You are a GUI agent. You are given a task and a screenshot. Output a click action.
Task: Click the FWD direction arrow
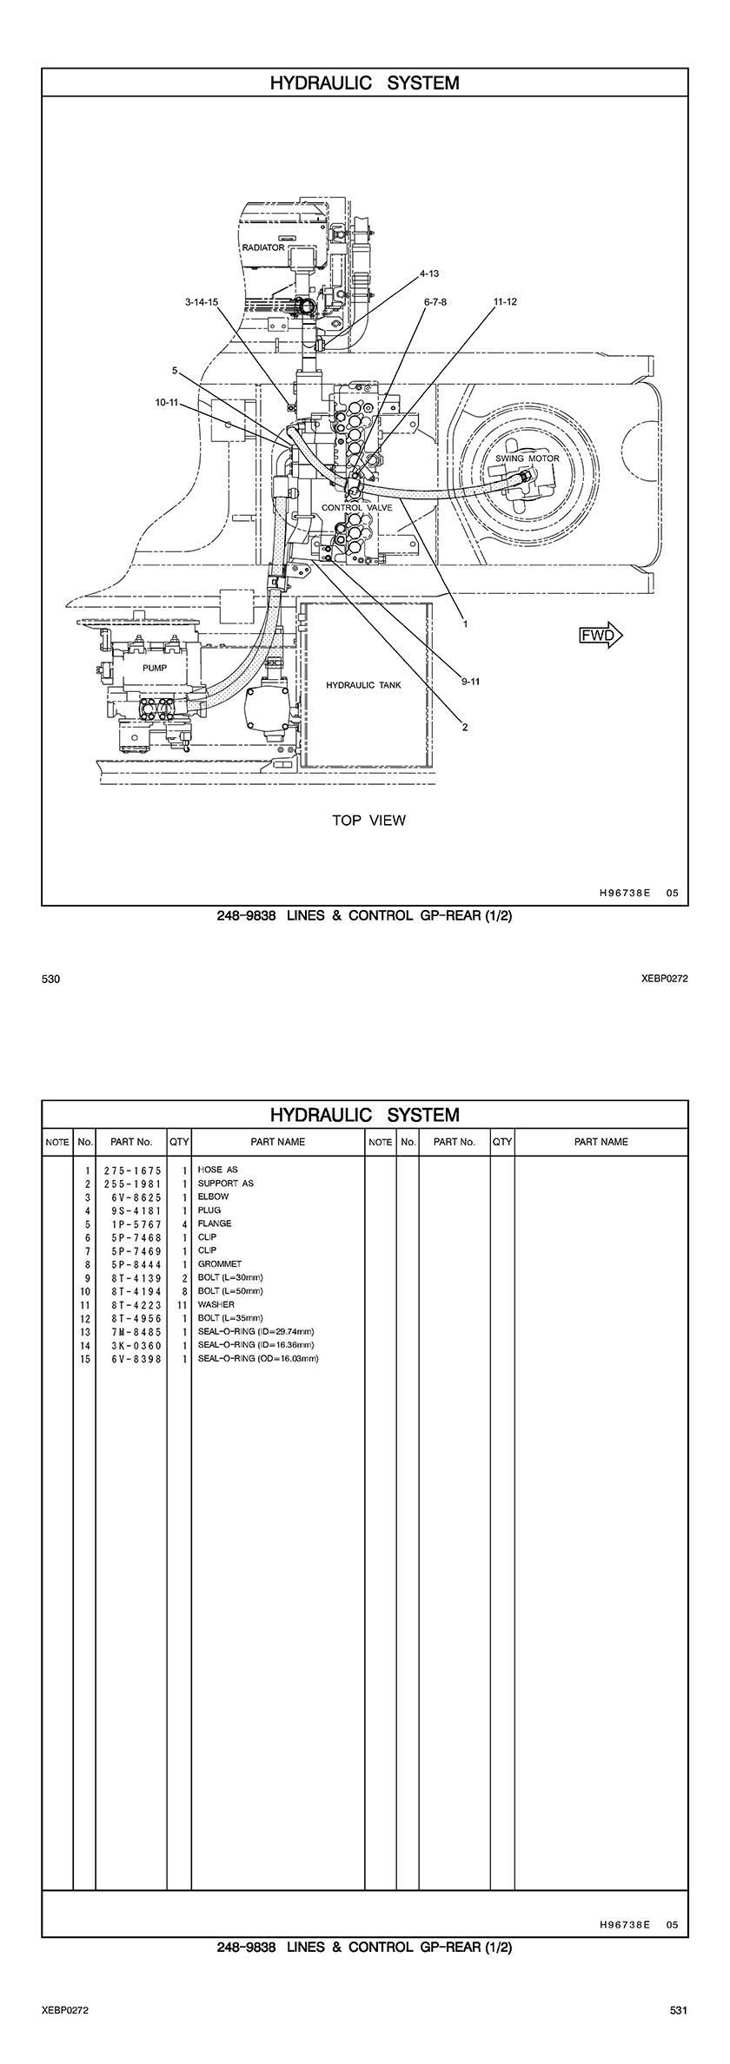click(x=601, y=635)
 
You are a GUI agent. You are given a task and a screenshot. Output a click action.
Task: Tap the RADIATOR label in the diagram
click(x=262, y=247)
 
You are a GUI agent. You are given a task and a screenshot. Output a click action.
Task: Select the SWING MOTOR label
click(x=528, y=458)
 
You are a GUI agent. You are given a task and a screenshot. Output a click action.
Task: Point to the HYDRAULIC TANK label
click(x=363, y=685)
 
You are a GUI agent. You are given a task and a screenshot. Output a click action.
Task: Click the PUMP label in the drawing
click(x=155, y=668)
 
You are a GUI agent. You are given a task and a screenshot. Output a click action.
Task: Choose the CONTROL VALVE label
click(x=357, y=507)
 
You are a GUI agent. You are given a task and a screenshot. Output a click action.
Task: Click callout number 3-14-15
click(x=202, y=302)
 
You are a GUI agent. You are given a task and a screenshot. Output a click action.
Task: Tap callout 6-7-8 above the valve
click(x=435, y=302)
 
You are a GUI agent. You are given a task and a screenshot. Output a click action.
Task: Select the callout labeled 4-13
click(x=429, y=274)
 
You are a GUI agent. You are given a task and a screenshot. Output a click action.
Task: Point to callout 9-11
click(x=470, y=682)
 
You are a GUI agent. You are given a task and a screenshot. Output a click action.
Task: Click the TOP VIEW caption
click(x=368, y=820)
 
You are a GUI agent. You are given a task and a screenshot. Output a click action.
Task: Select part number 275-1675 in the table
click(x=133, y=1170)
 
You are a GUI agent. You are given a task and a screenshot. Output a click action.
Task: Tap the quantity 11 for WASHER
click(x=182, y=1304)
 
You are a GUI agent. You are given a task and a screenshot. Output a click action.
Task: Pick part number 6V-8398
click(x=133, y=1358)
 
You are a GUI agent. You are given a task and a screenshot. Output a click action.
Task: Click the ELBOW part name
click(x=214, y=1197)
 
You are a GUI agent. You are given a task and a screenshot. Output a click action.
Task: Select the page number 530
click(x=50, y=979)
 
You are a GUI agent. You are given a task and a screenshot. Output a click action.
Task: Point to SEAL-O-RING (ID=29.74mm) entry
click(x=255, y=1331)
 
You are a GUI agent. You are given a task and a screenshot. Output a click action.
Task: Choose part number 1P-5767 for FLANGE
click(x=133, y=1223)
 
